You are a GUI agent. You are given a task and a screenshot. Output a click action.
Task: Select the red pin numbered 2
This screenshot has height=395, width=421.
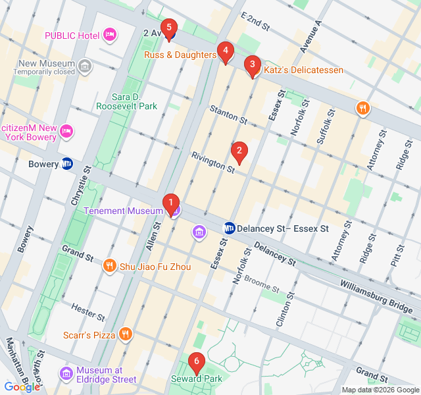(239, 152)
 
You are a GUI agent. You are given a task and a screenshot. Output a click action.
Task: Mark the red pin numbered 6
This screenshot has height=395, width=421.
(195, 363)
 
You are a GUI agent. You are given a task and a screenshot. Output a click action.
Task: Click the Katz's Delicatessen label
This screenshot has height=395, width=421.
(303, 70)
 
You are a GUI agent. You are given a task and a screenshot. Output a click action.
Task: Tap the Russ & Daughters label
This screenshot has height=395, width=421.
(180, 55)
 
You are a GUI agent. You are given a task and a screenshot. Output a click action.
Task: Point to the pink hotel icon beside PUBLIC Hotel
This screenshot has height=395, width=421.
(110, 34)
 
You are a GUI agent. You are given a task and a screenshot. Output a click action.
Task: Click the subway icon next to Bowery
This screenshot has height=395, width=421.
(67, 164)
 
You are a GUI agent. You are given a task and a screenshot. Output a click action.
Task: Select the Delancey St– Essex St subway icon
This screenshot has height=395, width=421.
(230, 228)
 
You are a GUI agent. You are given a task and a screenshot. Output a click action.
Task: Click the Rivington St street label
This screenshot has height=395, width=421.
(212, 163)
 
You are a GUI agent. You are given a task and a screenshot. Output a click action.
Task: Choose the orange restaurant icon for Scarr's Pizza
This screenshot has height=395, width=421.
(126, 334)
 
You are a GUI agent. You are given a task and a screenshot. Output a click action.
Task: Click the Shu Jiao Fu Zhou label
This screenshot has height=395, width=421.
(155, 267)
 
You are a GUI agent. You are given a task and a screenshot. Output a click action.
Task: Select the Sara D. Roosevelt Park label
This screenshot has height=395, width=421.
(126, 100)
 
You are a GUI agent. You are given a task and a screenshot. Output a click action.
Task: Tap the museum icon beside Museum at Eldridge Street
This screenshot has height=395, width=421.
(66, 374)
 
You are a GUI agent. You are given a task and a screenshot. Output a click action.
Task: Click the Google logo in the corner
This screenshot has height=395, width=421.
(22, 387)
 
